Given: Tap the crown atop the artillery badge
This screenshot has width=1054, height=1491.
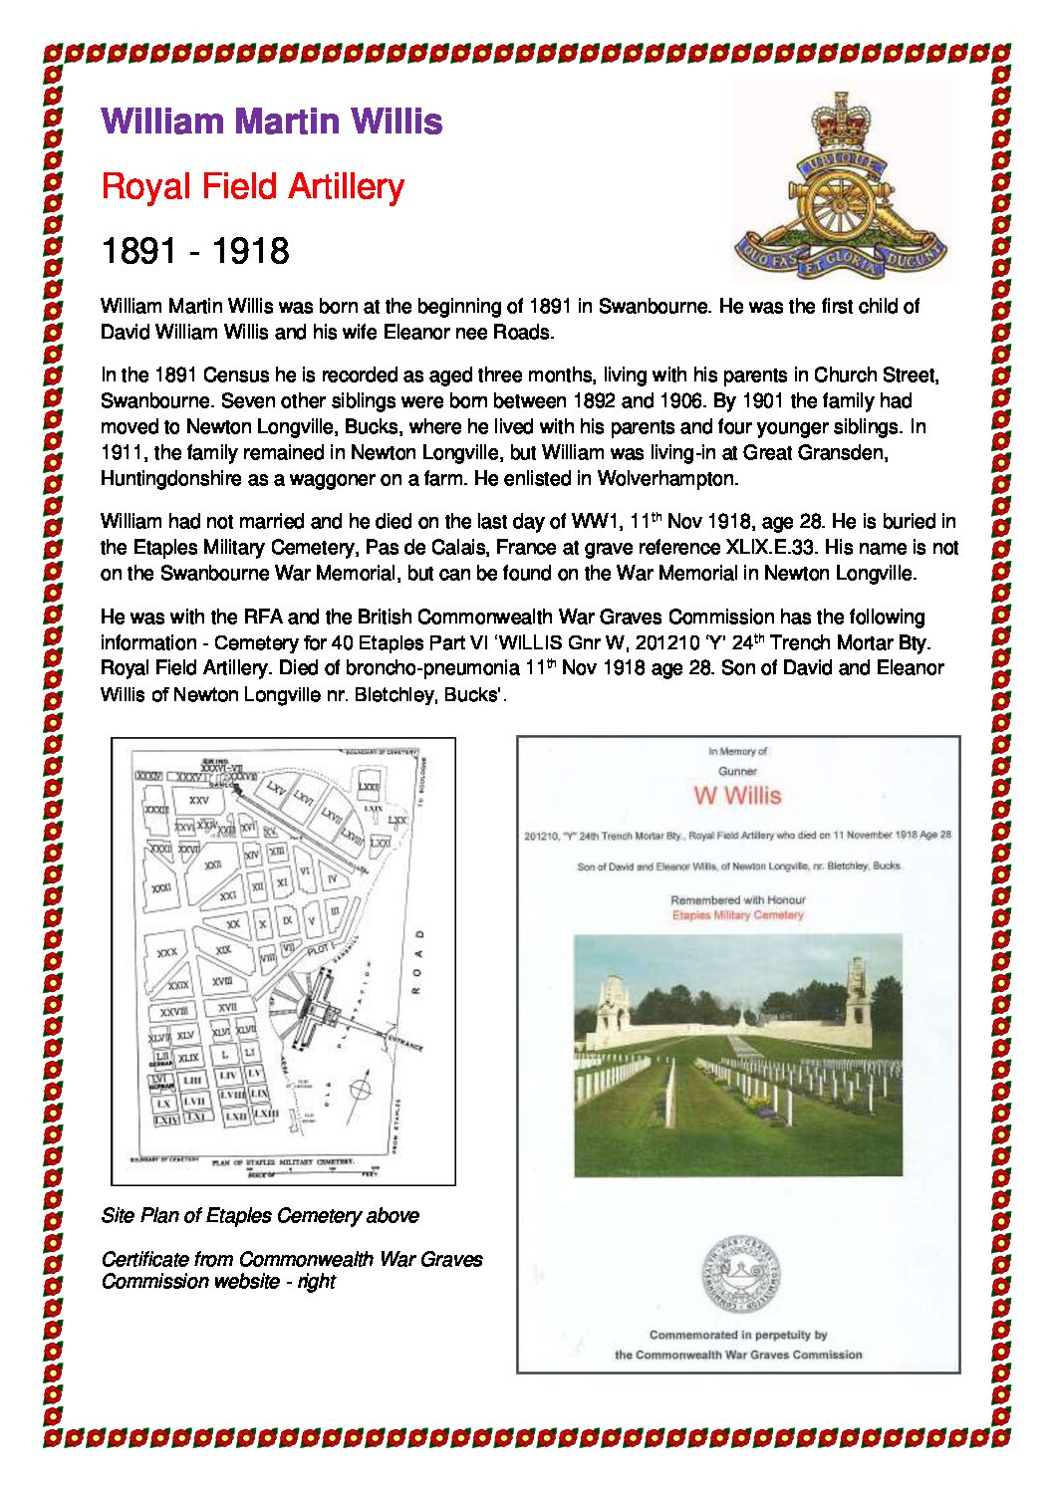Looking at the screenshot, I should (x=839, y=121).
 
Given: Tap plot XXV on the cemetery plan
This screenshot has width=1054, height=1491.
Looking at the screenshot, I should (x=198, y=799).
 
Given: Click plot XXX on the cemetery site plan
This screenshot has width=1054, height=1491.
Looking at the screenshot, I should (x=167, y=952).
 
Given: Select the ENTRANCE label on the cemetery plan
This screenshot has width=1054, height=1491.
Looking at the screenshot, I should (x=405, y=1043).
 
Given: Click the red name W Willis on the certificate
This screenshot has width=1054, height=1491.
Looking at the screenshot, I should (x=737, y=795).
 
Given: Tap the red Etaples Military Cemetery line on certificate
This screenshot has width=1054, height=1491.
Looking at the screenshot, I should (x=737, y=914).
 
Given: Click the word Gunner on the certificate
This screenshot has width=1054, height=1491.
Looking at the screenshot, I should (x=737, y=771).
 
